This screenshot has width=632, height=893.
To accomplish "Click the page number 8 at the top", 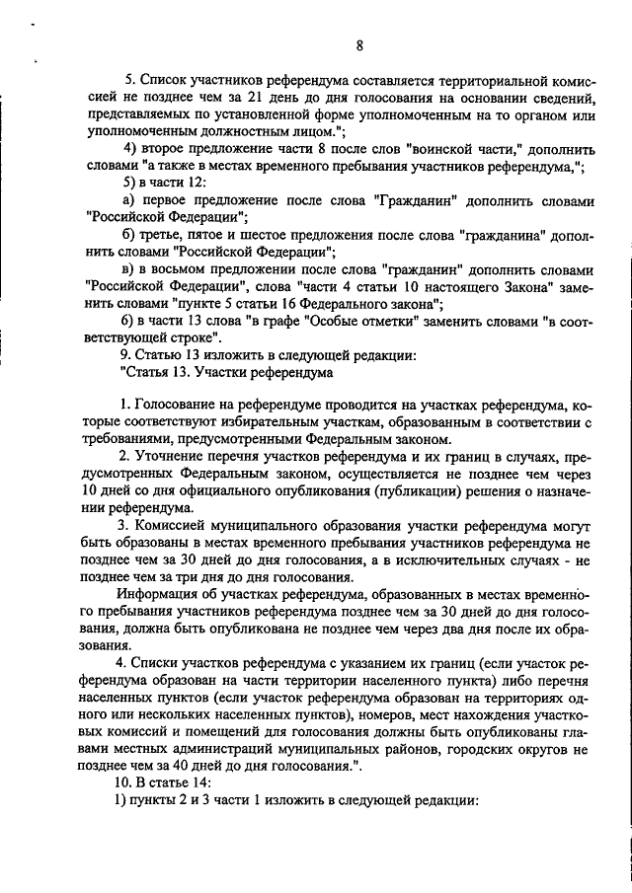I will click(x=359, y=45).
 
